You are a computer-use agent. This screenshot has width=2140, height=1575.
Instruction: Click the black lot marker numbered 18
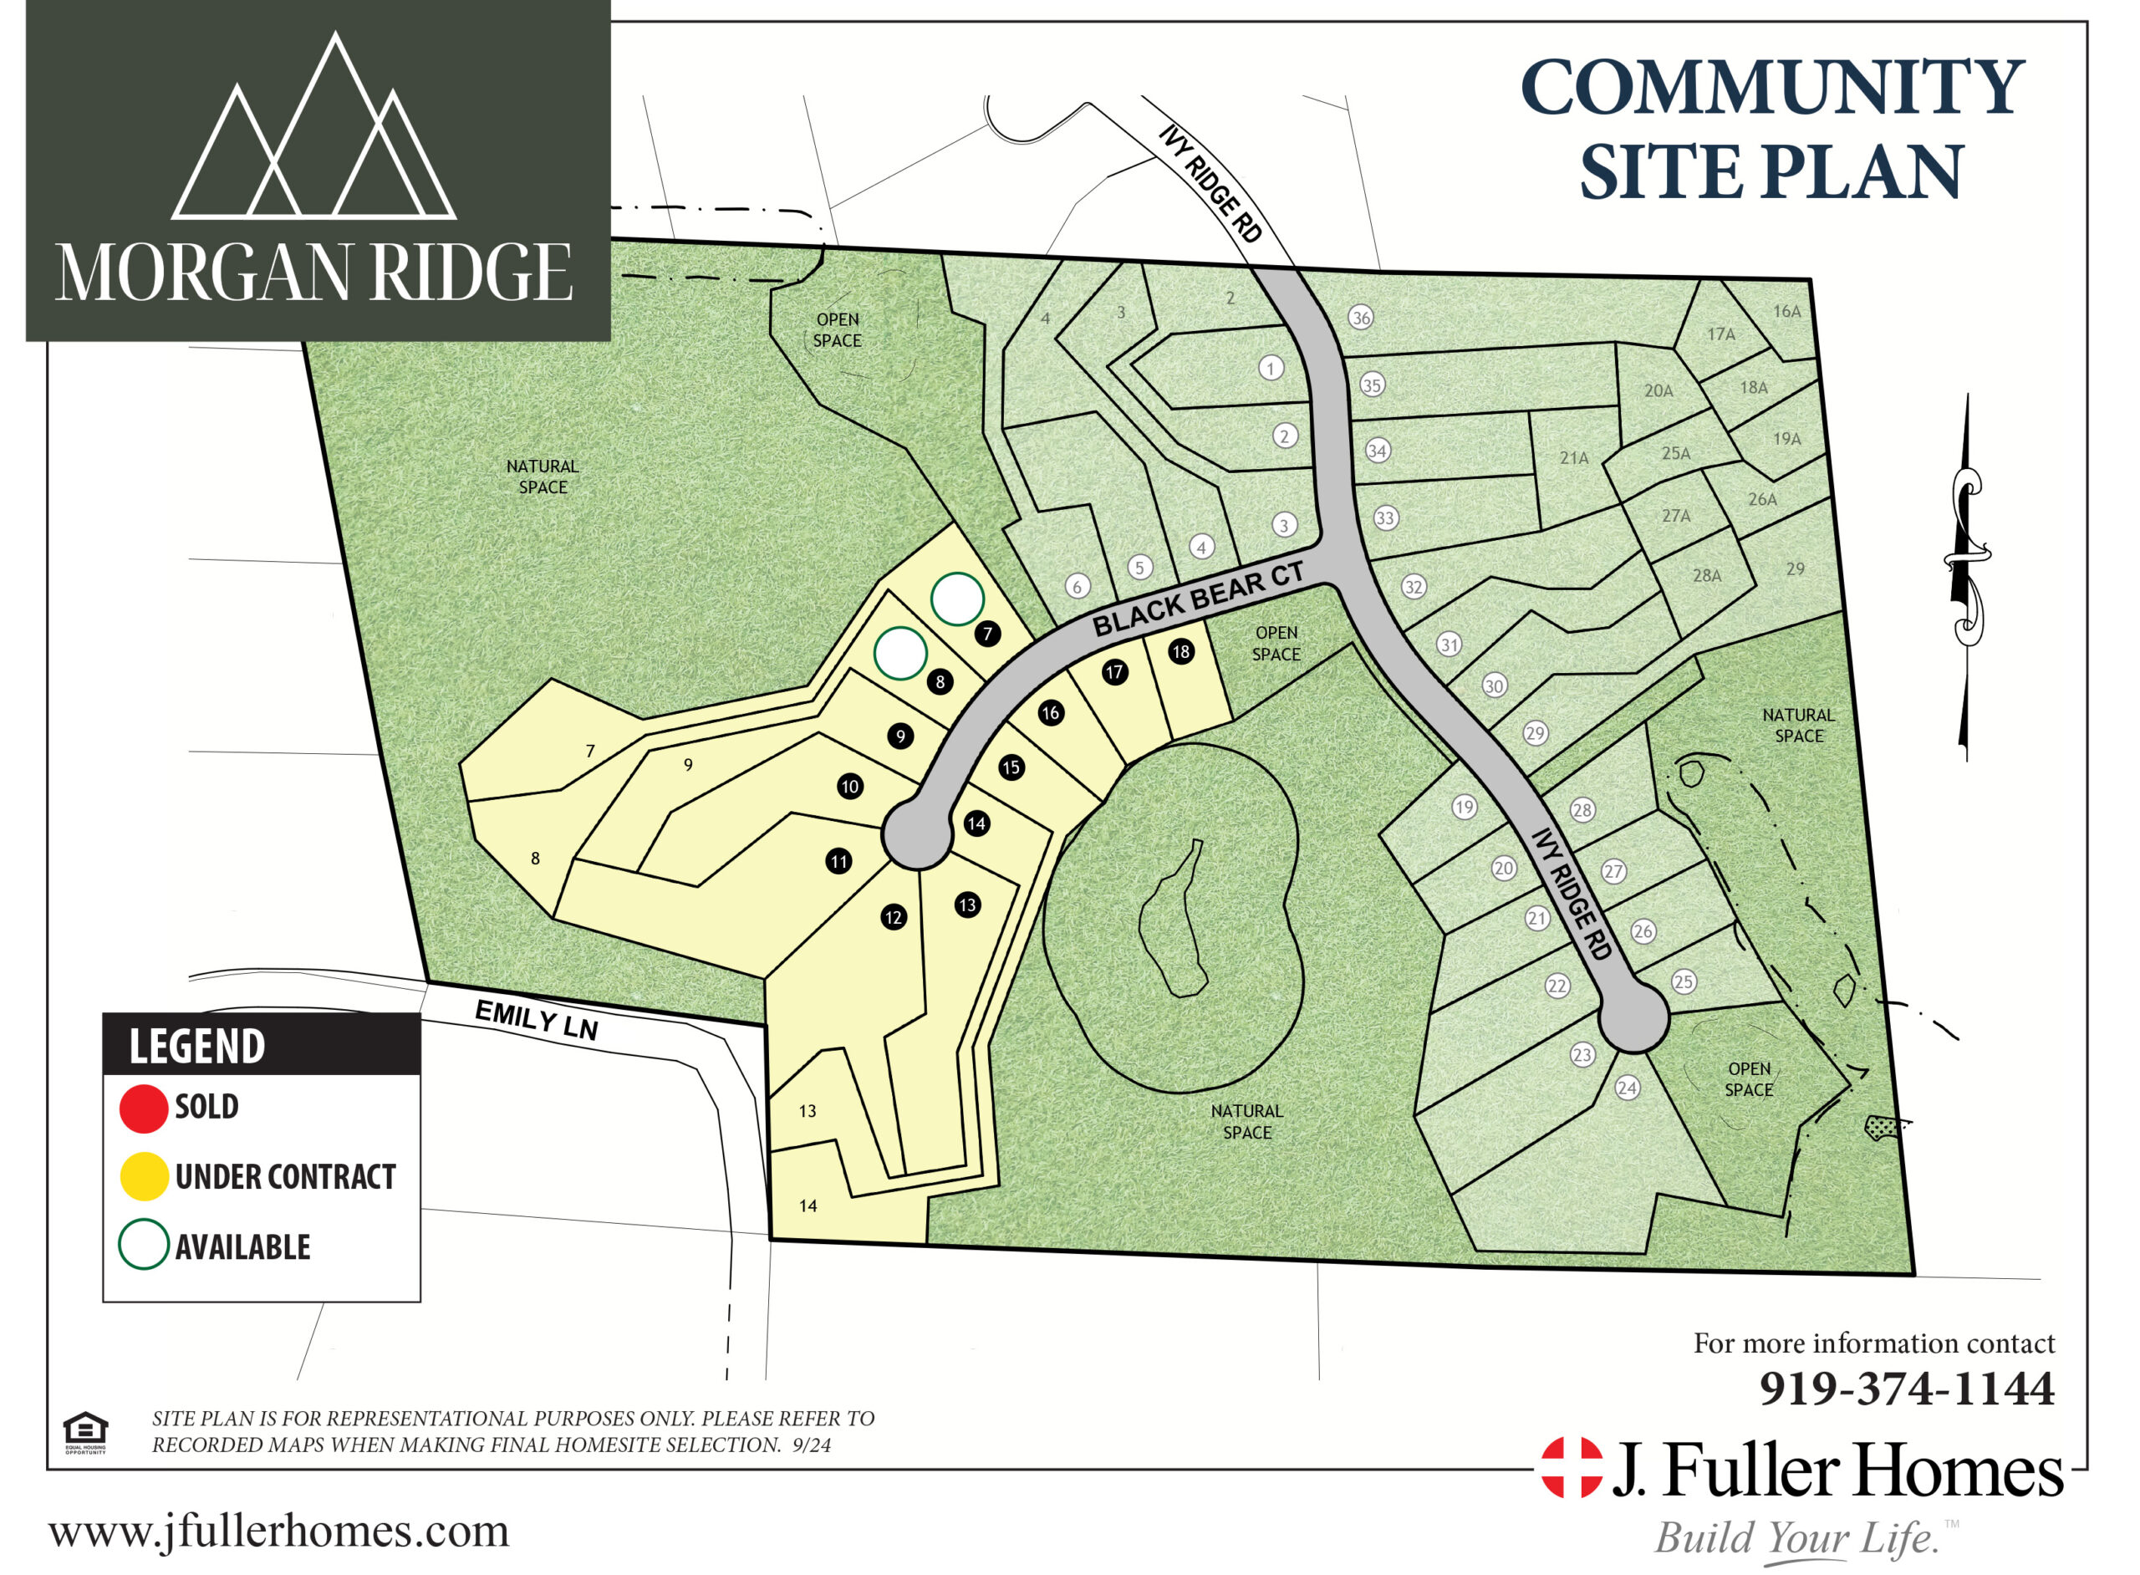[1181, 652]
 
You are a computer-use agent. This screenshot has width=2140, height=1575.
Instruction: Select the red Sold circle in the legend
[143, 1109]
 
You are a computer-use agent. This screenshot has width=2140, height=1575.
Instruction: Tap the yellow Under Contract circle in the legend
[143, 1176]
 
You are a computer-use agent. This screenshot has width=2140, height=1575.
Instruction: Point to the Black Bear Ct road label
[1197, 599]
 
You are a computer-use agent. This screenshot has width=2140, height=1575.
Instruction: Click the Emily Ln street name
[536, 1021]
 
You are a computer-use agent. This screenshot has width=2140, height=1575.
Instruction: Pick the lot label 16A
[1786, 312]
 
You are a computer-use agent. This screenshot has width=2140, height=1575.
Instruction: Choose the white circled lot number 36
[1360, 319]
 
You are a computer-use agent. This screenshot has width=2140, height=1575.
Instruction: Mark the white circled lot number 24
[1626, 1088]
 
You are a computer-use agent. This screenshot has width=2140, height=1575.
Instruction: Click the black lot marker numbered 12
[893, 917]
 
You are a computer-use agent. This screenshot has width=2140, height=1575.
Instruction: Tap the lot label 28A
[1706, 576]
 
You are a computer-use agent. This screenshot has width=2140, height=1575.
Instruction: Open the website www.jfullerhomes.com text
[278, 1532]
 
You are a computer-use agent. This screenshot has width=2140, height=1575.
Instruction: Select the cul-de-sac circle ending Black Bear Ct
[917, 835]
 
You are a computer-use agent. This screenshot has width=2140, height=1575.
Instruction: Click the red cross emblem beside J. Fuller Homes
[1572, 1467]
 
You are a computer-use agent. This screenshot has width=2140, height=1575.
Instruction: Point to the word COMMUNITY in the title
[1771, 88]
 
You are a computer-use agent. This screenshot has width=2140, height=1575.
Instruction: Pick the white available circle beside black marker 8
[899, 653]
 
